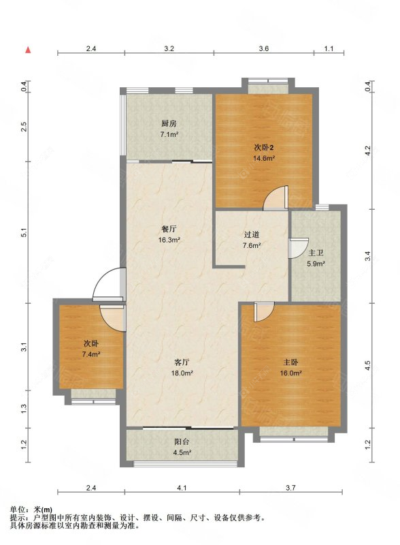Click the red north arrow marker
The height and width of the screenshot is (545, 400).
[28, 50]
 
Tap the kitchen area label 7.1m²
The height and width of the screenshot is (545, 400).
[169, 134]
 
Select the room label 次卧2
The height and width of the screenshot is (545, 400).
[264, 148]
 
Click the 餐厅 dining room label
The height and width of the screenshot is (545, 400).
[169, 229]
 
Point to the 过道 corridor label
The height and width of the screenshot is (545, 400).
[252, 234]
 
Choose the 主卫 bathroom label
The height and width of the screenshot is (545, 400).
[316, 253]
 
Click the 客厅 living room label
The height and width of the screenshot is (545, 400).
[182, 362]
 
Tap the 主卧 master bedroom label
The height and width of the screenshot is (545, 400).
[290, 362]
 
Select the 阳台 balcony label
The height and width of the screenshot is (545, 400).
[182, 441]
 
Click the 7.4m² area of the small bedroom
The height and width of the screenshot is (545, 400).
[91, 354]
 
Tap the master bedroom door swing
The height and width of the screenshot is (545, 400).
[264, 311]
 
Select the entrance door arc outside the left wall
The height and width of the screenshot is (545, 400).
[107, 284]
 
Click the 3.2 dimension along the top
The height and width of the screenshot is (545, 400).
[169, 48]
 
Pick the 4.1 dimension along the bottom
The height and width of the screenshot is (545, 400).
[182, 488]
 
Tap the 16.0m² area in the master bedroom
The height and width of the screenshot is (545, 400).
[290, 373]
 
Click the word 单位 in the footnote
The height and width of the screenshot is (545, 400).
[16, 510]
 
